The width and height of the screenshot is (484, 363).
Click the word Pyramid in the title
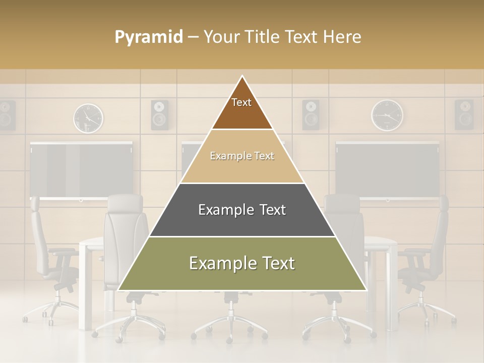(x=148, y=37)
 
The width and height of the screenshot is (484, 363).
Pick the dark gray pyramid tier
(x=242, y=210)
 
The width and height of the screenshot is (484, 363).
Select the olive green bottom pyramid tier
(x=242, y=264)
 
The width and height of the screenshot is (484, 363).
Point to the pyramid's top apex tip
(x=242, y=77)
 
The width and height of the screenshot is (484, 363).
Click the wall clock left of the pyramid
(x=88, y=118)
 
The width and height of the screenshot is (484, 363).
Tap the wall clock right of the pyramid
(x=387, y=115)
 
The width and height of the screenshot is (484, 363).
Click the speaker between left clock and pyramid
(x=160, y=115)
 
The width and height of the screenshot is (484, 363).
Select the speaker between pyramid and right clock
(x=311, y=115)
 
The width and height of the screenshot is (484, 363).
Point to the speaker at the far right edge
(x=464, y=114)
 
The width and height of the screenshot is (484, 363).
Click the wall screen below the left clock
(x=81, y=170)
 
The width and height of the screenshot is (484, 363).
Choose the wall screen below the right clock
(x=387, y=170)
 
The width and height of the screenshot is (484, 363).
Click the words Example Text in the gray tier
(x=242, y=210)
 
